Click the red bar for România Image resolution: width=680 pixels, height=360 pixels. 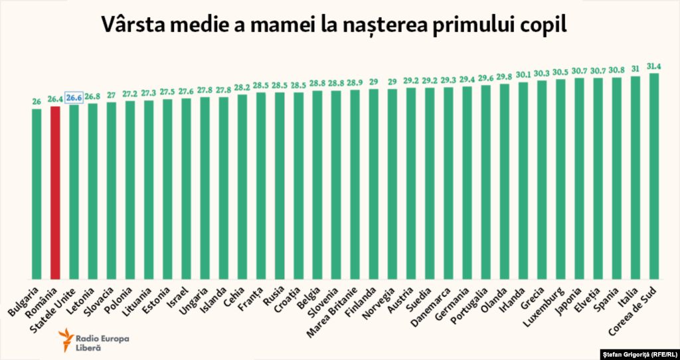coord(55,193)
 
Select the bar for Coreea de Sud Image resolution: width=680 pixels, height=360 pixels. coord(654,176)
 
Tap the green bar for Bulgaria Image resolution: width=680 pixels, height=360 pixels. coord(37,193)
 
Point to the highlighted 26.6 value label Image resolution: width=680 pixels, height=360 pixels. coord(74,98)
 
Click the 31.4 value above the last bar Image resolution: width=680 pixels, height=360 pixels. coord(654,66)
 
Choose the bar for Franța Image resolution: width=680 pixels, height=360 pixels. coord(261,185)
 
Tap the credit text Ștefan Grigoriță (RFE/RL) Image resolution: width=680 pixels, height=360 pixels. coord(639,353)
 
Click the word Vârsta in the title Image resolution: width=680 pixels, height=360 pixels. coord(137,25)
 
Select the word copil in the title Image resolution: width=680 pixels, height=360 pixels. coord(544,25)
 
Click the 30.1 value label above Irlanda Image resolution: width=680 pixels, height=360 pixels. coord(523,75)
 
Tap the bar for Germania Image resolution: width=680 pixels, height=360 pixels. coord(467,183)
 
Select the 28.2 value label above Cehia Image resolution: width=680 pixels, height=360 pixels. coord(242,88)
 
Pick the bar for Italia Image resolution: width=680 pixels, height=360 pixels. coord(636,177)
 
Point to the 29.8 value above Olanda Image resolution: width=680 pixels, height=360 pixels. coord(504,77)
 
